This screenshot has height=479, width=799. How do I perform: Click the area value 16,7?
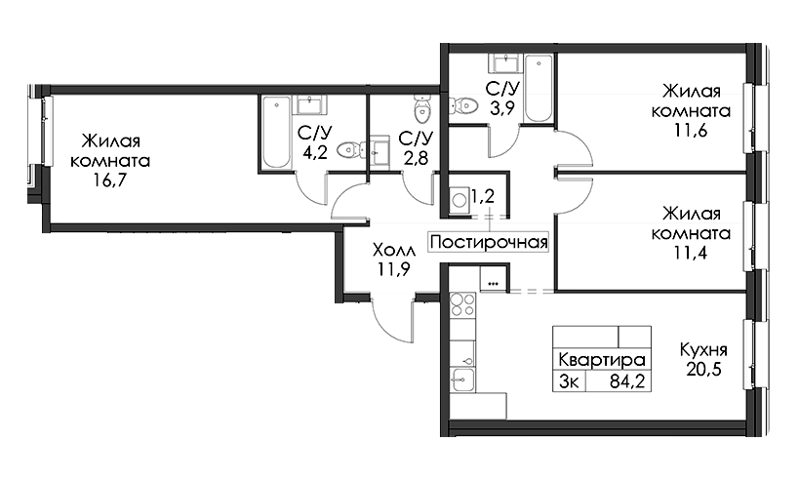point(109,180)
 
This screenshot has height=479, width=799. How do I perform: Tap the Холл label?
point(394,250)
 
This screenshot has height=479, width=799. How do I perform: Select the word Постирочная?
point(489,242)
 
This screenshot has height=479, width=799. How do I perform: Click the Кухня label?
point(703,349)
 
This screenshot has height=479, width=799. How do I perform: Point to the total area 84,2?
point(628,381)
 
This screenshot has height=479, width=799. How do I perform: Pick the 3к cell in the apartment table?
point(569,381)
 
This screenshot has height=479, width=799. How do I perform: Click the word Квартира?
point(602,360)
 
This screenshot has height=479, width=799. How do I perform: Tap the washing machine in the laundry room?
point(459,199)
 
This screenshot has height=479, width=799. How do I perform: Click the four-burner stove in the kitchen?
point(462,304)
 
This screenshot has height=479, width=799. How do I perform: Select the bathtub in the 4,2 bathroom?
point(276,132)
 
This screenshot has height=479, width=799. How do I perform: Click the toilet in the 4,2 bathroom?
point(351,149)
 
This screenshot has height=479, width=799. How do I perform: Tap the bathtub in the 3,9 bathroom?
point(539,89)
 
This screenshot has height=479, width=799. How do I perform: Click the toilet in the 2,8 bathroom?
point(421,108)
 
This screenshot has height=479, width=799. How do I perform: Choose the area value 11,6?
point(691,131)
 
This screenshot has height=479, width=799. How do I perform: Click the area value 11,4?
point(691,253)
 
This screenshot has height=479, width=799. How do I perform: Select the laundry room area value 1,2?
point(483,196)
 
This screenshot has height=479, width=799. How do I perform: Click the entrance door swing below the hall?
point(391,321)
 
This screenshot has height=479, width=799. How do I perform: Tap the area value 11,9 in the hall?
point(394,269)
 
